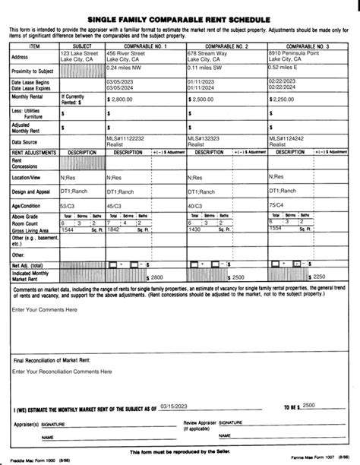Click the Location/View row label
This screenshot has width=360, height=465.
click(x=27, y=176)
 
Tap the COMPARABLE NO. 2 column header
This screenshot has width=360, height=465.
click(x=226, y=46)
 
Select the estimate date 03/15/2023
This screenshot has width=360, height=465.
click(x=176, y=407)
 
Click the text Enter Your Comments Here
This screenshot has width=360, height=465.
click(x=45, y=310)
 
